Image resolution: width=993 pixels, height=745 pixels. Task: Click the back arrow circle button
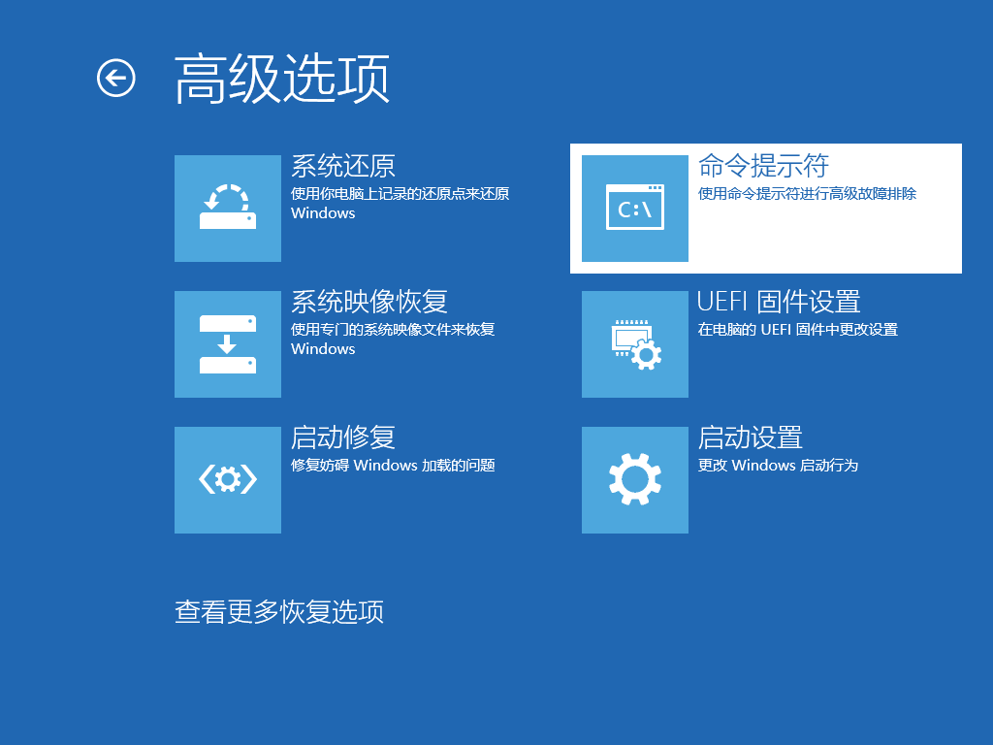[x=116, y=78]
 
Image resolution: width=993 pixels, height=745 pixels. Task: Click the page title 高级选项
[x=282, y=79]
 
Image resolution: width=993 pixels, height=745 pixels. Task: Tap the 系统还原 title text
[x=343, y=166]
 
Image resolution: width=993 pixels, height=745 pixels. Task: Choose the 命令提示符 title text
[x=763, y=166]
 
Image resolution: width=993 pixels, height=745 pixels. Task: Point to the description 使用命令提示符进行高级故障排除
[x=807, y=194]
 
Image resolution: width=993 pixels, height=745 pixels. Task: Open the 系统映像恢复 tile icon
[x=228, y=344]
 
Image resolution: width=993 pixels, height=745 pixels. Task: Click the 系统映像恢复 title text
[x=369, y=302]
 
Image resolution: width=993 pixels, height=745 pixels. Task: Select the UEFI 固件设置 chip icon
[x=635, y=344]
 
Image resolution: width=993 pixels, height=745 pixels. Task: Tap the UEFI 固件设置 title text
[x=779, y=302]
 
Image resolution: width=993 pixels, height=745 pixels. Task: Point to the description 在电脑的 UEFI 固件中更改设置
[x=798, y=330]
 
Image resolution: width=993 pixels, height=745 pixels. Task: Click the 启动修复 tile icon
[x=228, y=479]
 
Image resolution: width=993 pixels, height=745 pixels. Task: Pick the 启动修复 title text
[x=343, y=437]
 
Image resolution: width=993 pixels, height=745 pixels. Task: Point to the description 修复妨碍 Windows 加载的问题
[x=393, y=465]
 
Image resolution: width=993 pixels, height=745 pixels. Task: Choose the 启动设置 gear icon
[x=635, y=479]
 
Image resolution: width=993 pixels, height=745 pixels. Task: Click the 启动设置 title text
[x=751, y=437]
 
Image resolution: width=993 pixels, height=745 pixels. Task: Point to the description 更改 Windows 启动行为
[x=778, y=465]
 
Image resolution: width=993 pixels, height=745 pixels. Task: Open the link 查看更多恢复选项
[x=279, y=612]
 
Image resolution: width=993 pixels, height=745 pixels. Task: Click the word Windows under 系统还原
[x=323, y=212]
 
